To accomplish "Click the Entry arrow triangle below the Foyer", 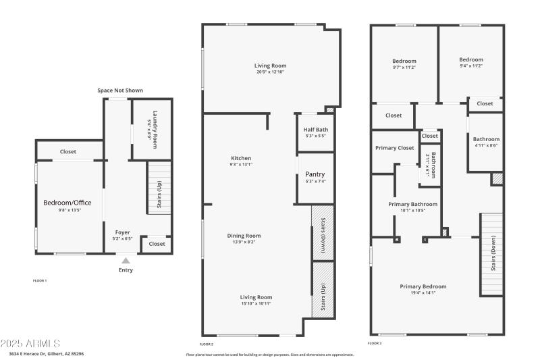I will tap(126, 260).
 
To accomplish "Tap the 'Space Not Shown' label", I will tap(120, 90).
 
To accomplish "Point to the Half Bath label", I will tap(316, 129).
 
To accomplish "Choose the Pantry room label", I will tap(316, 174).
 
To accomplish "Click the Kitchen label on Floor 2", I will tap(241, 158).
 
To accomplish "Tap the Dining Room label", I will tap(244, 236).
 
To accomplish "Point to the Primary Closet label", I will tap(395, 148).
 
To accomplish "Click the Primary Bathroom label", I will tap(412, 204).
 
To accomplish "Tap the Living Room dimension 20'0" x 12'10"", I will tap(271, 72).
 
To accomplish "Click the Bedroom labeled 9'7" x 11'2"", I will tap(404, 61).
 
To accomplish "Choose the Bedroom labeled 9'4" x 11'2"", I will tap(470, 59).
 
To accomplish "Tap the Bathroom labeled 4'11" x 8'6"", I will tap(486, 139).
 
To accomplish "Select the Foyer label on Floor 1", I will tap(122, 232).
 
